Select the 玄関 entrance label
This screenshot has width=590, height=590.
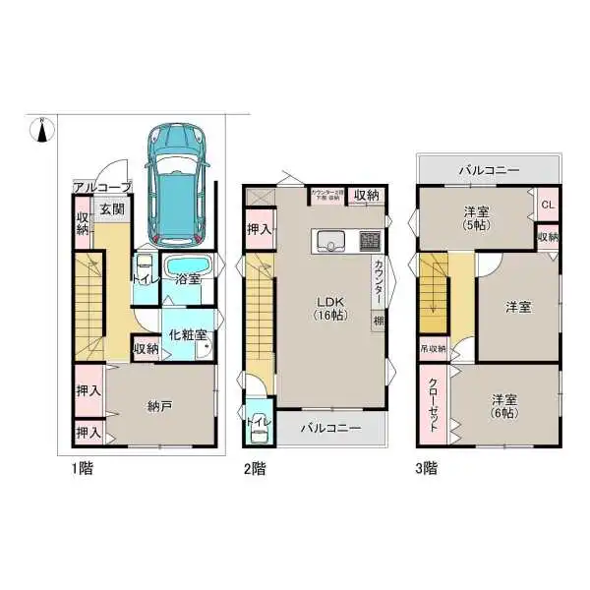(x=111, y=208)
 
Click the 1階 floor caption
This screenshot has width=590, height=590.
(x=83, y=469)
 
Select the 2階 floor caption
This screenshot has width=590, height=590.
(x=256, y=469)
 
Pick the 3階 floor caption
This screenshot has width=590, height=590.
(x=427, y=469)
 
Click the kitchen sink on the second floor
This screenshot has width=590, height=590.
(x=329, y=241)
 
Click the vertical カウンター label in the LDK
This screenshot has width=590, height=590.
(x=378, y=283)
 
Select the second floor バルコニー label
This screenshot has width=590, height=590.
(x=330, y=429)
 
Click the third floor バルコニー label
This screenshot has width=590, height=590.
(x=489, y=170)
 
